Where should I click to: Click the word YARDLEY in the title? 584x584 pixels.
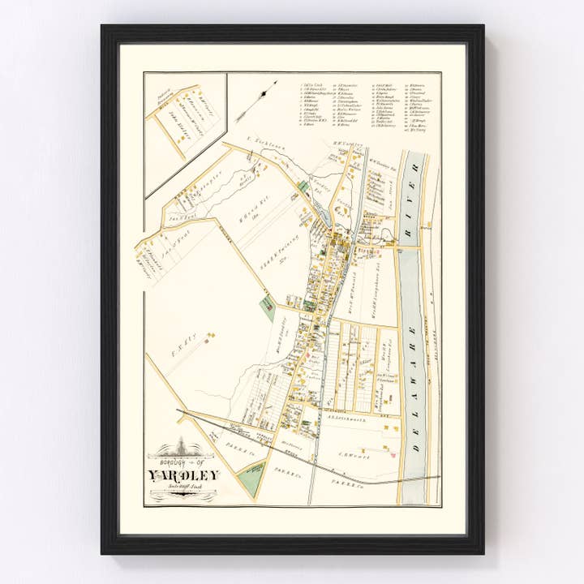click(x=182, y=475)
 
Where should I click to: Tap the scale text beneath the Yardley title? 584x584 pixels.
click(x=182, y=487)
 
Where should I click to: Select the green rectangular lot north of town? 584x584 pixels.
click(x=303, y=187)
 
